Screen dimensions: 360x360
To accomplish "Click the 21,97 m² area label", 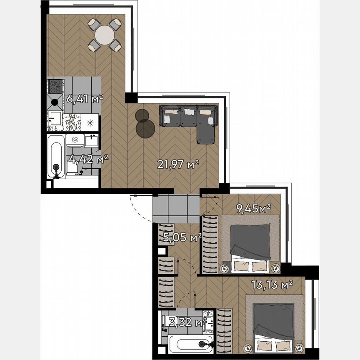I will click(178, 164).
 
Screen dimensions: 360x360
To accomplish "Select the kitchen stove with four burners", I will click(55, 86).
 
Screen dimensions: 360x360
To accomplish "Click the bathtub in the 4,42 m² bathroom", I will click(56, 156).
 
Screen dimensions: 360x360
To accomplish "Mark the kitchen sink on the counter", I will click(55, 118).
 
